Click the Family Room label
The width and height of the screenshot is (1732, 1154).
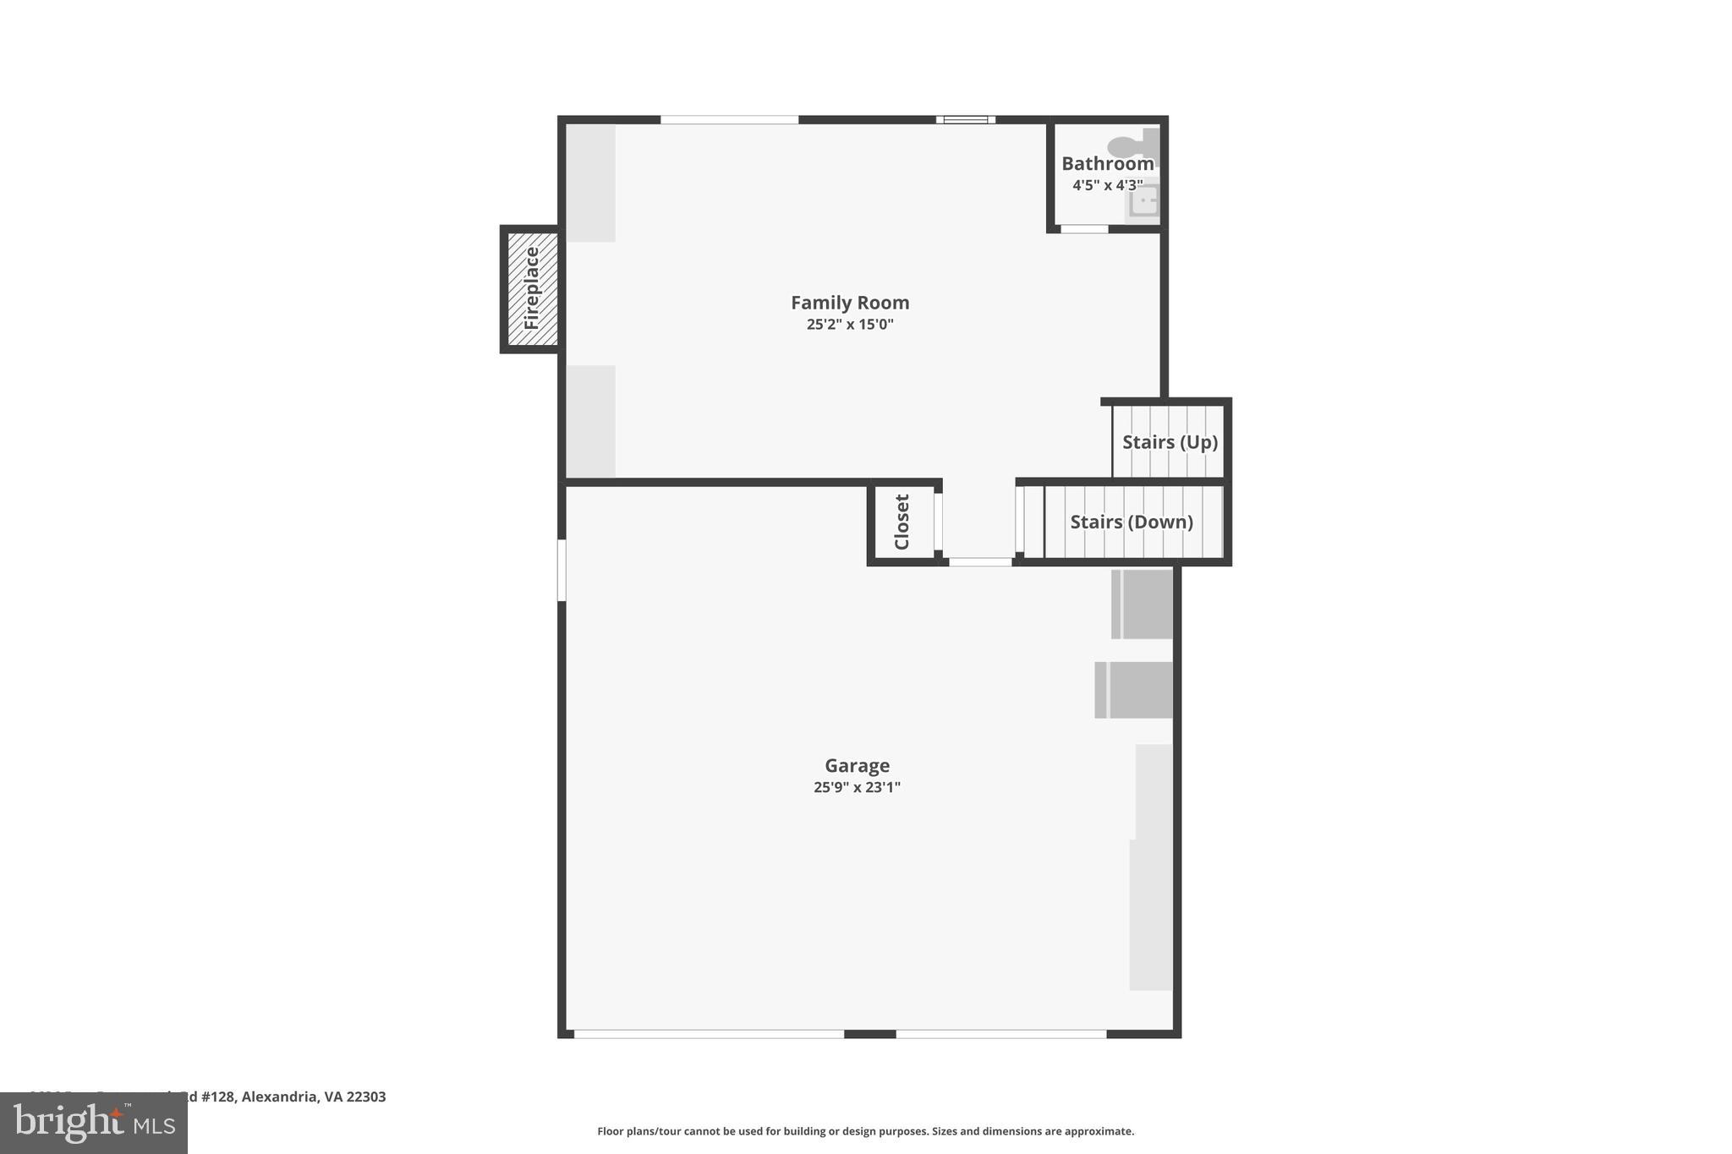pyautogui.click(x=850, y=303)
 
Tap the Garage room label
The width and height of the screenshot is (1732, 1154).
pyautogui.click(x=857, y=766)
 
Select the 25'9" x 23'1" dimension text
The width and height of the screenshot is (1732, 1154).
pyautogui.click(x=857, y=788)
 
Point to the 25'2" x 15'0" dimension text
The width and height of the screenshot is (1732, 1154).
pyautogui.click(x=850, y=325)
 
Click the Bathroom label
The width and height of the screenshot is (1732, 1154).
pyautogui.click(x=1107, y=164)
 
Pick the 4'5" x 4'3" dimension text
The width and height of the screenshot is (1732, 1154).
pyautogui.click(x=1107, y=185)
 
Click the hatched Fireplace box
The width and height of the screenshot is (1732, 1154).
pyautogui.click(x=532, y=288)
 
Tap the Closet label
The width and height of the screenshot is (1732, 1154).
pyautogui.click(x=902, y=522)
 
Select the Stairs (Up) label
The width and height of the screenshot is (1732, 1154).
pyautogui.click(x=1170, y=442)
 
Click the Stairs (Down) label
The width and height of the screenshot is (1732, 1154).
pyautogui.click(x=1132, y=522)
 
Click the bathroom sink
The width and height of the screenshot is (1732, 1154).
pyautogui.click(x=1144, y=201)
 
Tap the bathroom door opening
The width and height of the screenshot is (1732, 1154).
pyautogui.click(x=1084, y=229)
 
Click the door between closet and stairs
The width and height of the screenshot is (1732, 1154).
pyautogui.click(x=980, y=562)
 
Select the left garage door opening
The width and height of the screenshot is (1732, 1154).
pyautogui.click(x=709, y=1034)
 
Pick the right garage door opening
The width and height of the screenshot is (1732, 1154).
pyautogui.click(x=1000, y=1034)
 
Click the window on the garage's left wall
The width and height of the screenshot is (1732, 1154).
pyautogui.click(x=562, y=571)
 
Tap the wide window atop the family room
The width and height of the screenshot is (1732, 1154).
pyautogui.click(x=729, y=120)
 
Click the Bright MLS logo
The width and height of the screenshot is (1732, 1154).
pyautogui.click(x=94, y=1124)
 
